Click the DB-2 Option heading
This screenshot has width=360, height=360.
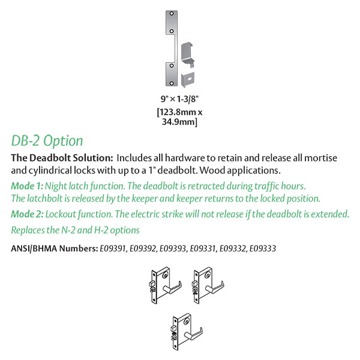click(47, 140)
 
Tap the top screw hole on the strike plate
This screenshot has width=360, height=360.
click(172, 14)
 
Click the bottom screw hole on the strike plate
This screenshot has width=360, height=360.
click(172, 83)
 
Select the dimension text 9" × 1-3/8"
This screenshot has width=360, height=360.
click(179, 99)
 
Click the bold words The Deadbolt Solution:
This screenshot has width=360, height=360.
click(62, 158)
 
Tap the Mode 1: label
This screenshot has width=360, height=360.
click(27, 186)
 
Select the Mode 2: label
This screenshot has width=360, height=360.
click(28, 214)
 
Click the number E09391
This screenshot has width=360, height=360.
click(113, 248)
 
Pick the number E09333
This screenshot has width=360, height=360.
click(263, 248)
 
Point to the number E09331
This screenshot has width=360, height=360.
click(203, 248)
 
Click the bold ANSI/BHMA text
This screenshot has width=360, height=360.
click(34, 248)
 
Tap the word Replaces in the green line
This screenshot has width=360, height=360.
click(28, 230)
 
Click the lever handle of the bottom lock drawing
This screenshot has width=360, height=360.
click(194, 333)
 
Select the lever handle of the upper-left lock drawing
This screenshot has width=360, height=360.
click(173, 287)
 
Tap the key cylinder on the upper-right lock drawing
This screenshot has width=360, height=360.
click(208, 275)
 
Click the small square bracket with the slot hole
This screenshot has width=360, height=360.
click(188, 79)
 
